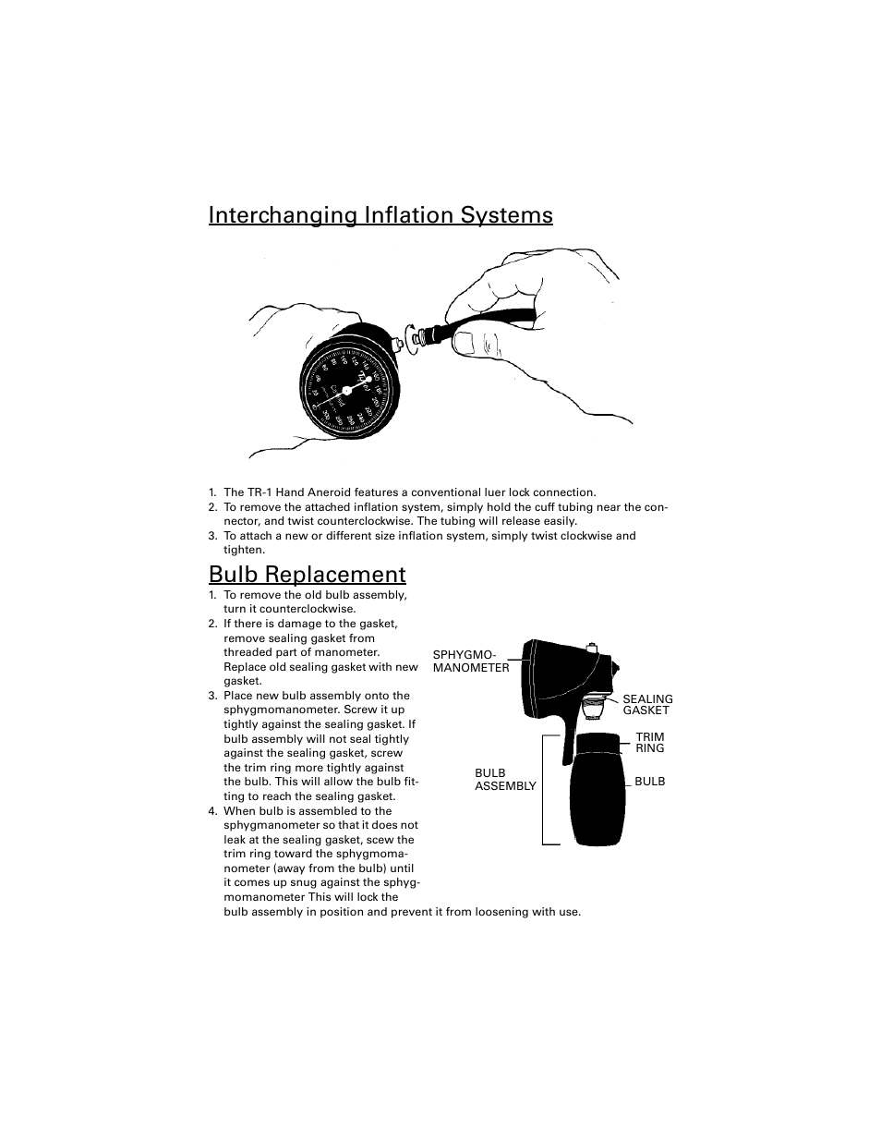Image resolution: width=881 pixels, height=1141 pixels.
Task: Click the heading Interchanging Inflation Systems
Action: click(x=380, y=215)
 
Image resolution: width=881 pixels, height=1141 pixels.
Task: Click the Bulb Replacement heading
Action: click(x=307, y=574)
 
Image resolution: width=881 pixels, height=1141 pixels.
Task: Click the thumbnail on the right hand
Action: click(x=465, y=344)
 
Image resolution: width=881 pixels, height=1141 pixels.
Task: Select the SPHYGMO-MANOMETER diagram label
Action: click(x=470, y=662)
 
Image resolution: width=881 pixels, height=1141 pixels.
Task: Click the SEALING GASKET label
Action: click(x=646, y=705)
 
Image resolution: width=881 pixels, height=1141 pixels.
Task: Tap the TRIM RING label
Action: click(x=649, y=743)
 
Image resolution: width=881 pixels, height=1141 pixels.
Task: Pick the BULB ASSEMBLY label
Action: click(x=504, y=780)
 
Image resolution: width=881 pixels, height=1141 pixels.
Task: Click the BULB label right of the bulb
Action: click(x=649, y=782)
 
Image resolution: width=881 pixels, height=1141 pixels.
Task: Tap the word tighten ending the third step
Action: click(x=244, y=550)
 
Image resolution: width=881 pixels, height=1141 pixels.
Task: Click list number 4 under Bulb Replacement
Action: click(x=212, y=811)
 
